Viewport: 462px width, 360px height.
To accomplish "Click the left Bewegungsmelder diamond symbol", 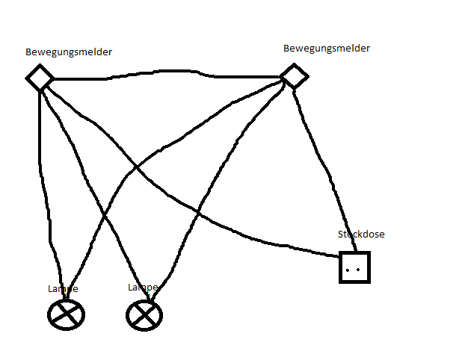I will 40,77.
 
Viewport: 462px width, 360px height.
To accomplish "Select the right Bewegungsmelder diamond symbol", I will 294,75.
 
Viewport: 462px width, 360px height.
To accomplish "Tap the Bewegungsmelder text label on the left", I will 70,52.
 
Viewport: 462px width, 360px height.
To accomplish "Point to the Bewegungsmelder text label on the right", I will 327,49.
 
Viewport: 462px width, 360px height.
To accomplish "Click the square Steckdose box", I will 354,267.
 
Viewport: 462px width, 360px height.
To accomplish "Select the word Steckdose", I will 361,235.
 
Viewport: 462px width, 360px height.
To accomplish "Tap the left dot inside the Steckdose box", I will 349,267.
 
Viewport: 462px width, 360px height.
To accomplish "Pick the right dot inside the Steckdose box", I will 360,267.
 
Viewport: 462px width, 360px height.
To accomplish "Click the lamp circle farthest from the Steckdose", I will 65,314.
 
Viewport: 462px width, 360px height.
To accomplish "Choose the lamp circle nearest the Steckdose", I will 144,315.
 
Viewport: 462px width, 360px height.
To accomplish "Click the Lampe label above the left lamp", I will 62,289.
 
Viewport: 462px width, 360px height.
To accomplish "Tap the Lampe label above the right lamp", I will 143,288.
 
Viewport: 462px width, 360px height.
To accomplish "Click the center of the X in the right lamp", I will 144,315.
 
